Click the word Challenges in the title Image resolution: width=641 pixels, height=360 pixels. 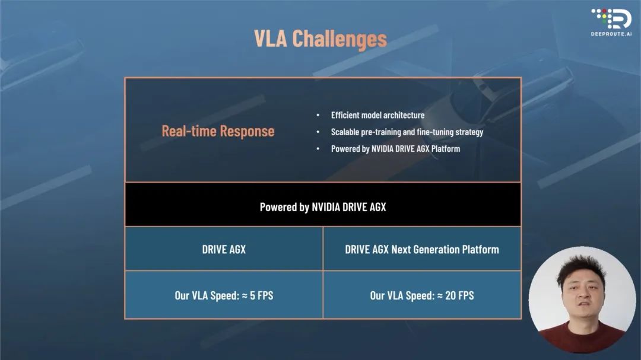pos(339,39)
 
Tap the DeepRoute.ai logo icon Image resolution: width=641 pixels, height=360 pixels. pos(611,19)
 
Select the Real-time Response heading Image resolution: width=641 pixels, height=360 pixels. pos(218,131)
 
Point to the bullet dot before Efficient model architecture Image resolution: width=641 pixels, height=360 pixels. pos(318,115)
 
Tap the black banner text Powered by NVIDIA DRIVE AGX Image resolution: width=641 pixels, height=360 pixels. pos(323,207)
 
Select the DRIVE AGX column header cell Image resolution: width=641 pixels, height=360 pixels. pos(224,249)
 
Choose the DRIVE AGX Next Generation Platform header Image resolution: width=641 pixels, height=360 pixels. pos(422,249)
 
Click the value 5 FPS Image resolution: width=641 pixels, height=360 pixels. pos(262,295)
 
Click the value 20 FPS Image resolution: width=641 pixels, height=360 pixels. pos(459,295)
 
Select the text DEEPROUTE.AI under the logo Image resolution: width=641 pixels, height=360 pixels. pos(611,34)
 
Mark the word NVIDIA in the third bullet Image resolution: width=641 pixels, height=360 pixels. pos(384,149)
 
